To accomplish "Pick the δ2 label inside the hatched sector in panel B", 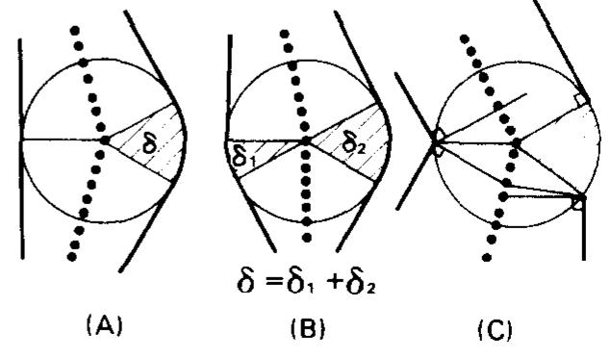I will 353,144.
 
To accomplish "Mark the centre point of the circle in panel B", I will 304,141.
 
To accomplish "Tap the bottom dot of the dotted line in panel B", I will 307,237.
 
